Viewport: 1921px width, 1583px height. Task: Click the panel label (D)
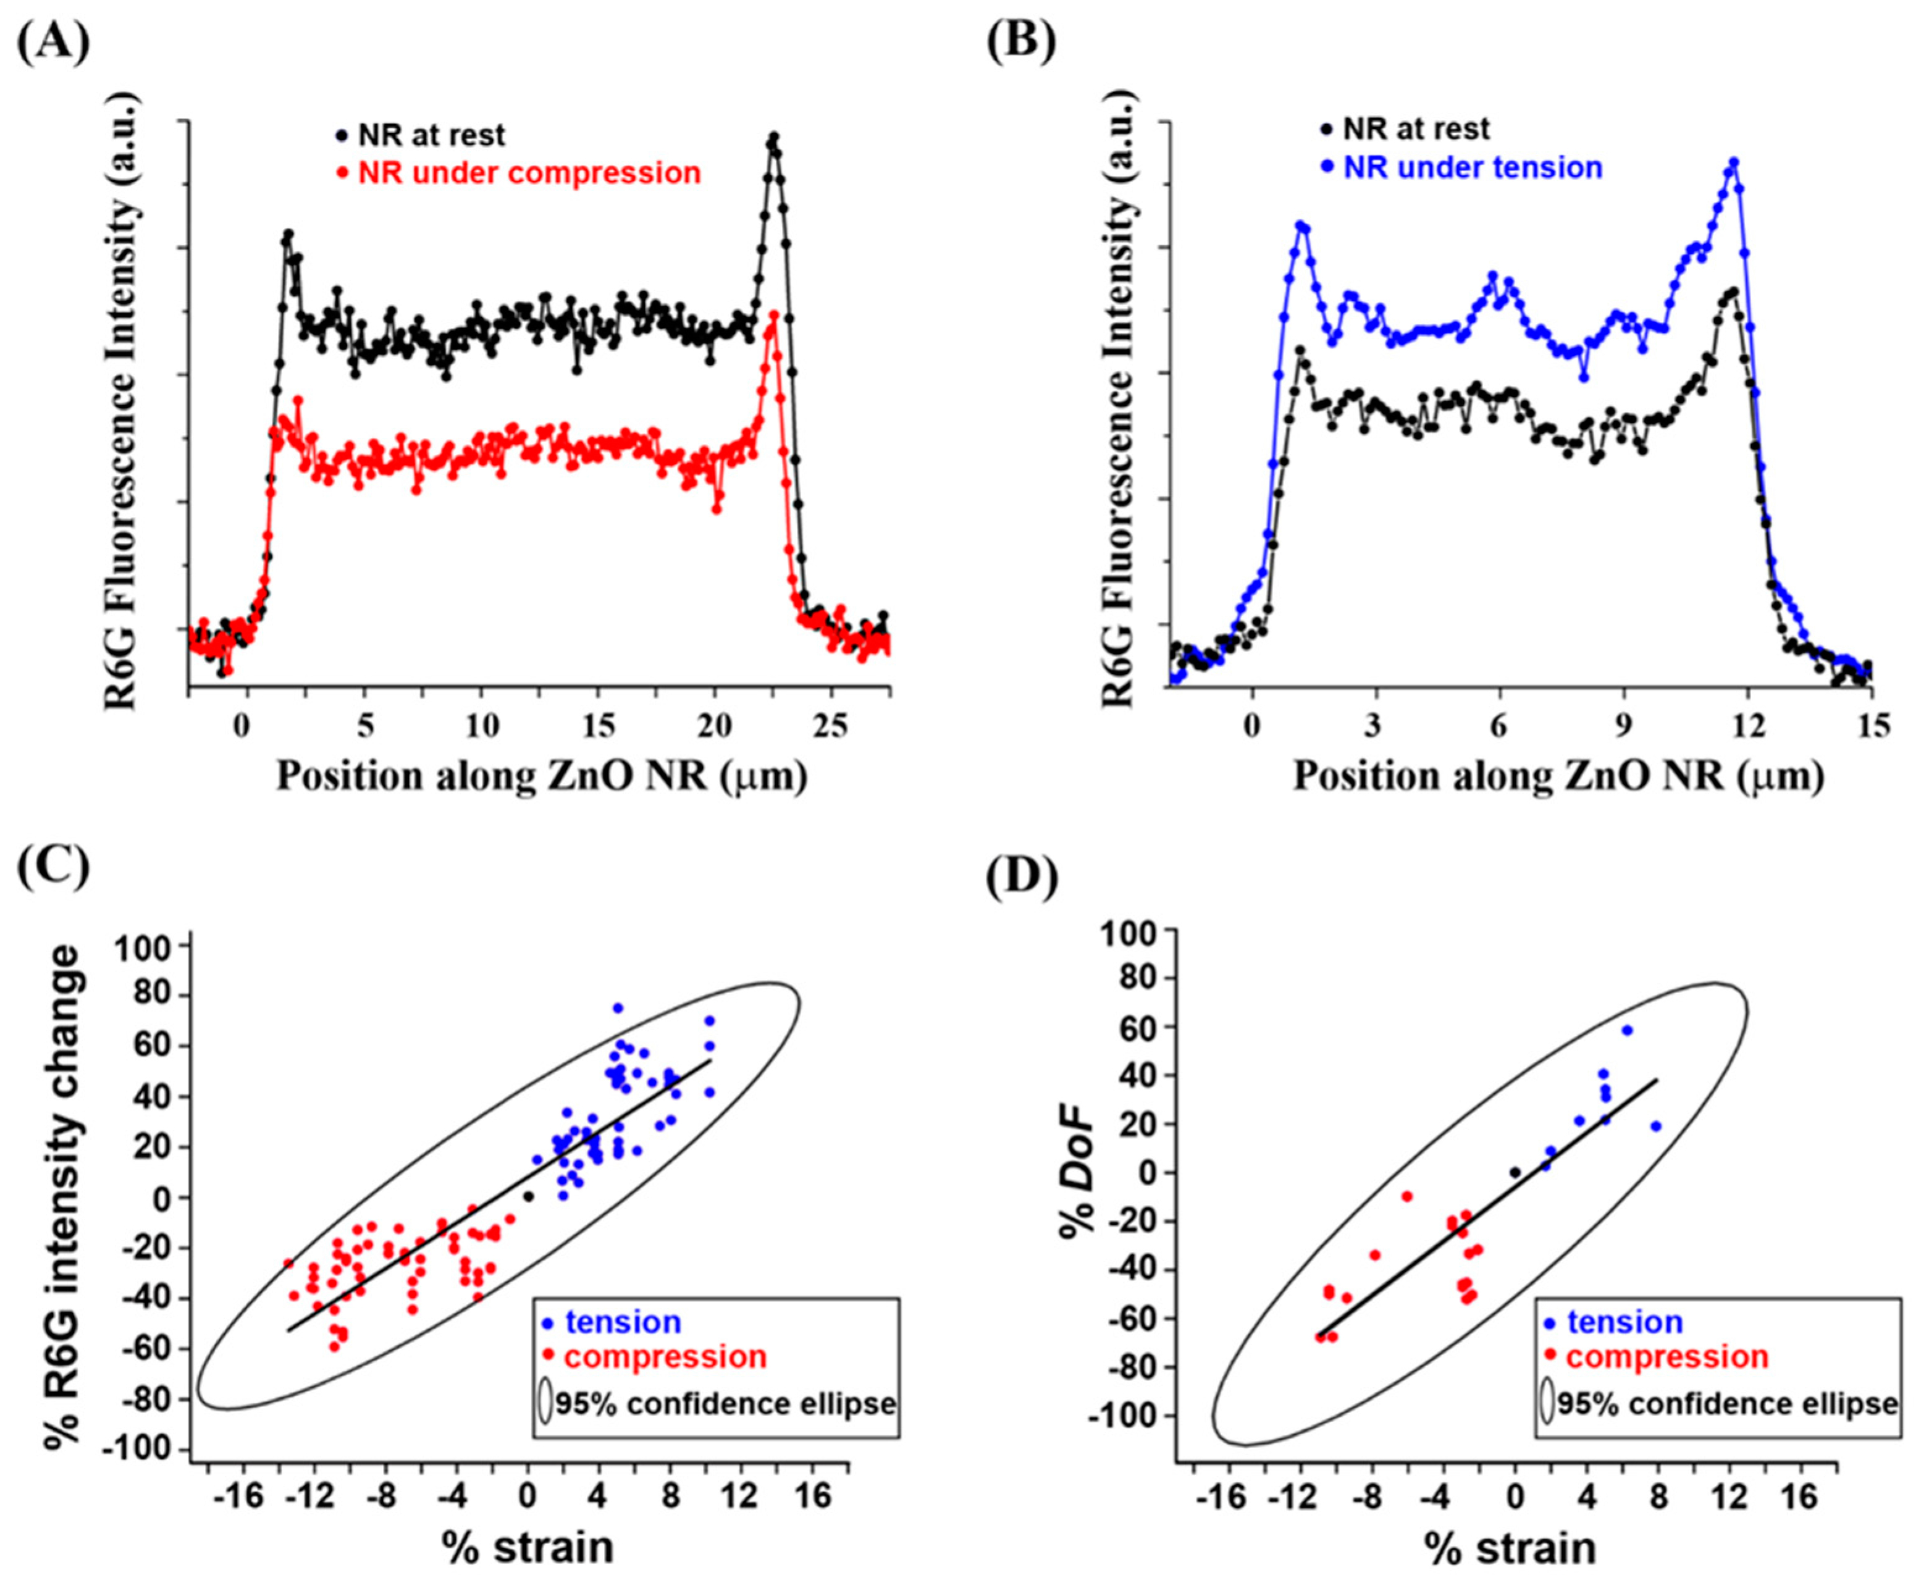(x=1022, y=876)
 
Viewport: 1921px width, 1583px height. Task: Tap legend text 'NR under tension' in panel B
(x=1473, y=168)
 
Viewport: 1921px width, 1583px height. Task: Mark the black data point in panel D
(x=1515, y=1173)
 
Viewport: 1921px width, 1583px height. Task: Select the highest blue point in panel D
(x=1626, y=1030)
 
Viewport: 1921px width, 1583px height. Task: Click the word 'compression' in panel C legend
(x=666, y=1357)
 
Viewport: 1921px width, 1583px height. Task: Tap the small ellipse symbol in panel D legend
(x=1547, y=1403)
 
